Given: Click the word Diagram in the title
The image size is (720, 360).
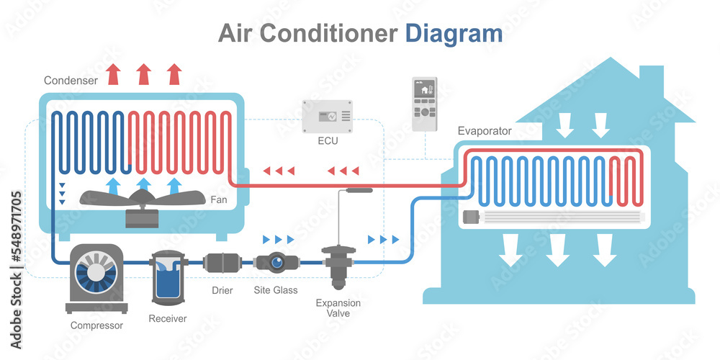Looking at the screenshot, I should (454, 34).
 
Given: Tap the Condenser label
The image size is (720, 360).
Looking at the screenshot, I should (71, 81).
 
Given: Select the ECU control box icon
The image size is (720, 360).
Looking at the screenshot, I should (328, 116).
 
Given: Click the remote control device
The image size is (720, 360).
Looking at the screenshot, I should (424, 104).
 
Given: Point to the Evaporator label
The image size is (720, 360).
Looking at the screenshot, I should (485, 131).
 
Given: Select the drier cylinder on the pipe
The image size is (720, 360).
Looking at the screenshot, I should (221, 262).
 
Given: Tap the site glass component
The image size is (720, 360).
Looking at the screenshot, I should (276, 263).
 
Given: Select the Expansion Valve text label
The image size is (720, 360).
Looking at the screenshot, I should (338, 308).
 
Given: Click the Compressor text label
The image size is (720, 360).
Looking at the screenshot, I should (96, 325).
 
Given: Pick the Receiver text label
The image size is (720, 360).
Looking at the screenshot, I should (167, 318).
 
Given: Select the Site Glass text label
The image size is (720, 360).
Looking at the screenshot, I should (276, 291).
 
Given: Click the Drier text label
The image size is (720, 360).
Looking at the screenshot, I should (222, 291).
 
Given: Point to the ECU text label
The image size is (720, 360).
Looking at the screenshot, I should (328, 141).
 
